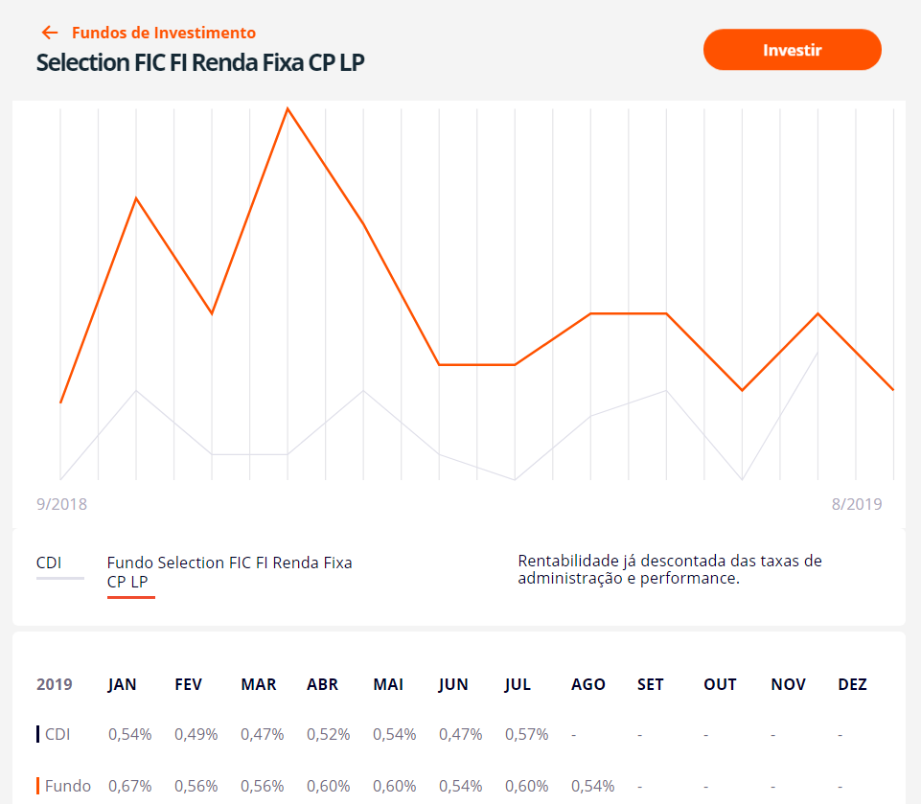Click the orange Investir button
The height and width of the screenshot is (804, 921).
click(x=792, y=50)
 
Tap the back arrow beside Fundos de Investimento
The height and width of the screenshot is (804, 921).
click(x=50, y=33)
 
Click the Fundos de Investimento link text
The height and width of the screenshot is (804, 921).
click(x=163, y=33)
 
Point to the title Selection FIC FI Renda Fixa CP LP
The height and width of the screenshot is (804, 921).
click(x=200, y=62)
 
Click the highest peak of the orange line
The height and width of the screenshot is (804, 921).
click(x=288, y=109)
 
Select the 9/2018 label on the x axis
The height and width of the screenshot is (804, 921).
click(x=61, y=504)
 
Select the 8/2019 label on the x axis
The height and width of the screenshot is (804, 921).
click(x=857, y=504)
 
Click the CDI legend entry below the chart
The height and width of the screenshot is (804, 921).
click(x=49, y=563)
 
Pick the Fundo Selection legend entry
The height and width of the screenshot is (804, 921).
click(x=229, y=571)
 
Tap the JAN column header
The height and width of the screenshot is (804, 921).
click(x=122, y=684)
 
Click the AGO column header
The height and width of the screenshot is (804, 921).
click(x=587, y=684)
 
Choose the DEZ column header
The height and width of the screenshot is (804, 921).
click(x=852, y=684)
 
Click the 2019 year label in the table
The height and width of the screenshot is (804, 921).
click(x=54, y=684)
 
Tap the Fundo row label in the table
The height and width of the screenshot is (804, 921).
click(x=68, y=786)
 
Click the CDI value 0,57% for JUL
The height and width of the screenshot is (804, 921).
click(x=526, y=734)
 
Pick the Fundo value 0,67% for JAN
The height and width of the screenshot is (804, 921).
click(x=129, y=786)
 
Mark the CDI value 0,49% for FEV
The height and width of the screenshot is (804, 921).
click(x=196, y=734)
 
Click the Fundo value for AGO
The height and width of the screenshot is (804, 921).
click(x=592, y=786)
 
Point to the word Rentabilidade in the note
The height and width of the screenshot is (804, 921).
click(x=565, y=561)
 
